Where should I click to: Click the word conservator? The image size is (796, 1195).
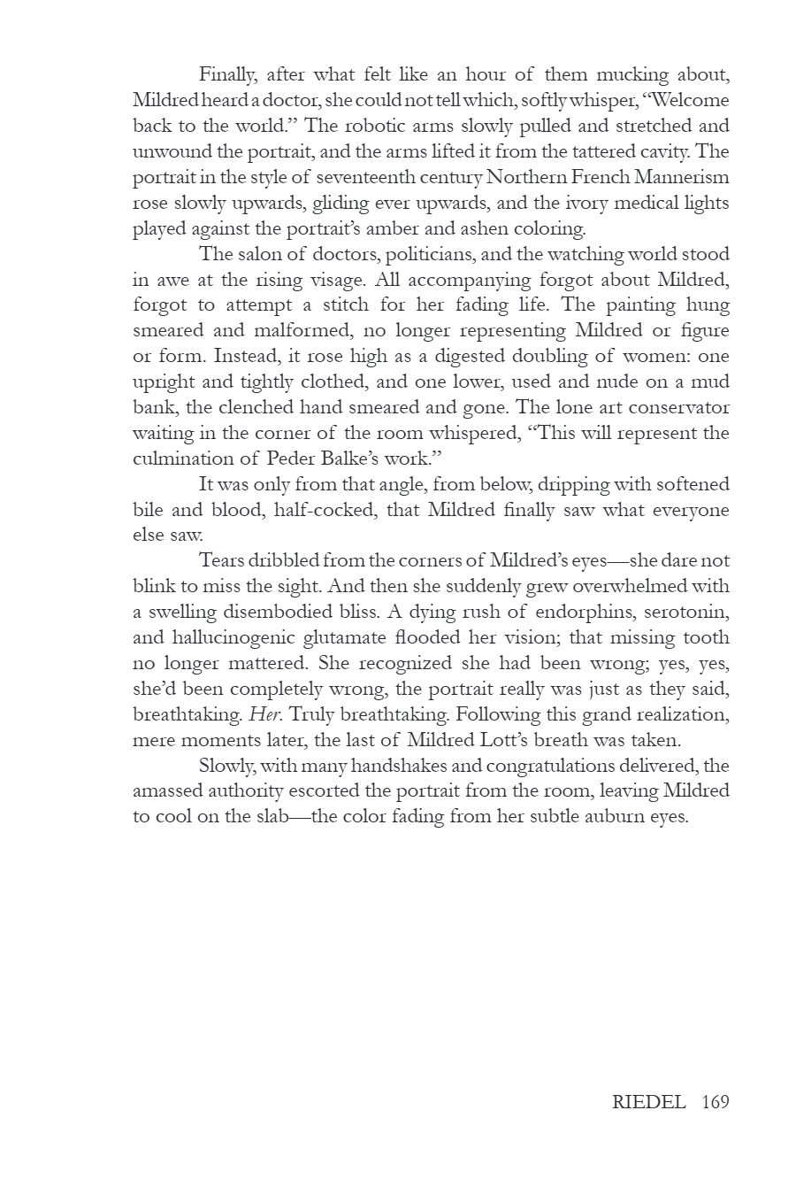pyautogui.click(x=679, y=407)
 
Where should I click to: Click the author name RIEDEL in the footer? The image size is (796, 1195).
pyautogui.click(x=649, y=1102)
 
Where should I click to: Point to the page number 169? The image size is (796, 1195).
pyautogui.click(x=716, y=1102)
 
